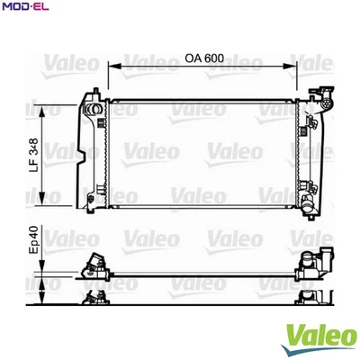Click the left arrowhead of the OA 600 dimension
[x=112, y=66]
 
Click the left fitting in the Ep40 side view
[x=94, y=265]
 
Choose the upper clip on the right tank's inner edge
[x=303, y=116]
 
